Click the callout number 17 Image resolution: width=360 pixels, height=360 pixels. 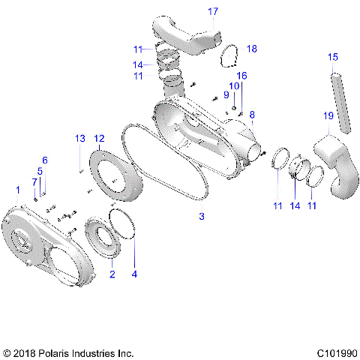[x=213, y=11]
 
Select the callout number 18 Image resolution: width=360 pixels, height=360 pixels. [x=251, y=48]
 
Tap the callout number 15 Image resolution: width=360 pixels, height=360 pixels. [x=333, y=57]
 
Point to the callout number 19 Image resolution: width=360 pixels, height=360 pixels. [x=328, y=115]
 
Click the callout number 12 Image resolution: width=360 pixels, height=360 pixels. [x=100, y=138]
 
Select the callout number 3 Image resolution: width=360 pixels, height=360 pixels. [x=200, y=217]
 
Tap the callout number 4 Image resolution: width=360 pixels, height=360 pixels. [x=135, y=274]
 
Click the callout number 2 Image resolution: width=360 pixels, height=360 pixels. [x=112, y=274]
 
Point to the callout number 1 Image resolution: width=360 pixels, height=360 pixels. [x=18, y=189]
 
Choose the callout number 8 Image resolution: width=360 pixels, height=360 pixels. [x=253, y=115]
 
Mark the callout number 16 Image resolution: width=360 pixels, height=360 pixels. [x=241, y=76]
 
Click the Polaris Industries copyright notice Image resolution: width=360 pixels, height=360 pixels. [x=68, y=352]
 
